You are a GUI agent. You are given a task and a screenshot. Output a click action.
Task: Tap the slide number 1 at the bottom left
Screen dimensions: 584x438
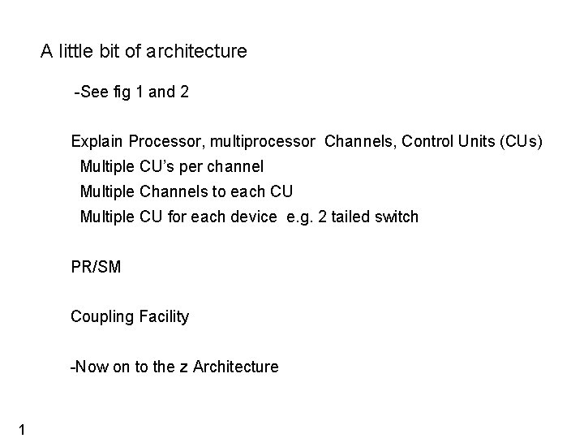coord(24,429)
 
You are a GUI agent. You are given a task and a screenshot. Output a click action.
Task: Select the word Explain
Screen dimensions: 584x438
coord(97,142)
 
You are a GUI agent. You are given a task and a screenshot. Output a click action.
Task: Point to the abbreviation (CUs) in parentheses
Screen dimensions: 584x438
coord(522,142)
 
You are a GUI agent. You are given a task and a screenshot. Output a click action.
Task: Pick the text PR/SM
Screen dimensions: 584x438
coord(96,267)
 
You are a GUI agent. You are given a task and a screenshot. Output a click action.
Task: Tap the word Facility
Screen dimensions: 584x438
coord(164,316)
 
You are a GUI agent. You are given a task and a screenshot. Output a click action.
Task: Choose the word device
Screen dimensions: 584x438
coord(254,217)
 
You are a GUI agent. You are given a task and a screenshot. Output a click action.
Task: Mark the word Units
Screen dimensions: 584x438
coord(455,142)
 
